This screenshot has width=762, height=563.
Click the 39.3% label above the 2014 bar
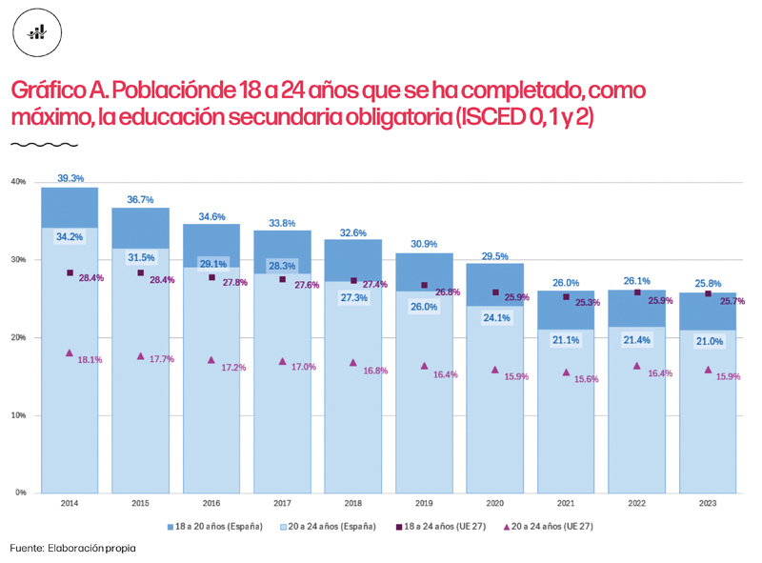pyautogui.click(x=70, y=178)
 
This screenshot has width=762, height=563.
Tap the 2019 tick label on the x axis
pyautogui.click(x=424, y=502)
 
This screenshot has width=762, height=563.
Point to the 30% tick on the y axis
pyautogui.click(x=19, y=259)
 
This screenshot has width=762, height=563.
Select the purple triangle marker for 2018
pyautogui.click(x=353, y=363)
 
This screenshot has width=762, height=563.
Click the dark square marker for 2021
pyautogui.click(x=566, y=296)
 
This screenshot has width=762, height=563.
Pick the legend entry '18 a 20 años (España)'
pyautogui.click(x=215, y=526)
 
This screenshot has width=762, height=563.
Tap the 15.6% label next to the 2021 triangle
pyautogui.click(x=585, y=379)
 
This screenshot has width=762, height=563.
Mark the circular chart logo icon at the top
pyautogui.click(x=37, y=33)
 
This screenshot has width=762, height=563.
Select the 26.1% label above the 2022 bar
pyautogui.click(x=637, y=281)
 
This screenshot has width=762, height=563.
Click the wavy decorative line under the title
pyautogui.click(x=44, y=146)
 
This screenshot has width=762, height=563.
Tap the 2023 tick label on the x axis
pyautogui.click(x=707, y=502)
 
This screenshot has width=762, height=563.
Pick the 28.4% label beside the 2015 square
pyautogui.click(x=161, y=280)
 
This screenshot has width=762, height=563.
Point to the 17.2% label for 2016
pyautogui.click(x=233, y=367)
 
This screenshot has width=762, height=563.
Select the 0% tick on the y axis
pyautogui.click(x=21, y=493)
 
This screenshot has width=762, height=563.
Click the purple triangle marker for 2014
pyautogui.click(x=70, y=352)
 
